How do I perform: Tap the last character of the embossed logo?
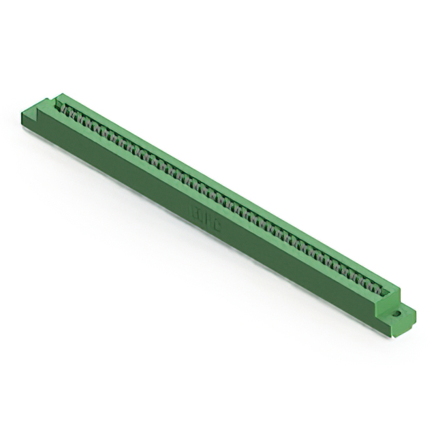click(216, 231)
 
